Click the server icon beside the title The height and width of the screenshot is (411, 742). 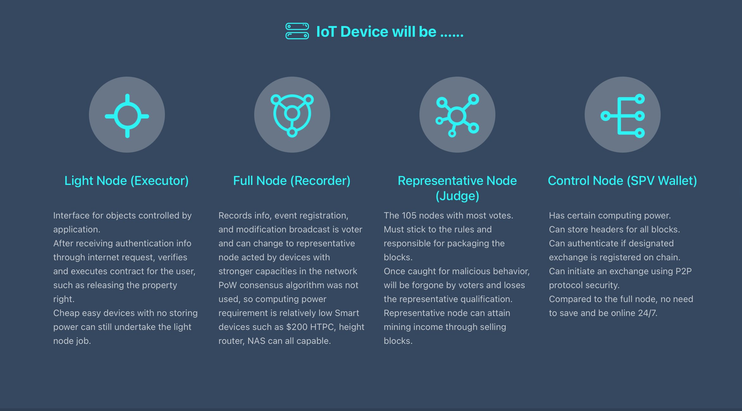[x=297, y=31]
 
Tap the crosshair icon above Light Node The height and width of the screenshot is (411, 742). [x=127, y=116]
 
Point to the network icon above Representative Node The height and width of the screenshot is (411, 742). [x=457, y=116]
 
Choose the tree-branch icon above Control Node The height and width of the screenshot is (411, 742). [x=623, y=116]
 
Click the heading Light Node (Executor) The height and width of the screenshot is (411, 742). [x=127, y=181]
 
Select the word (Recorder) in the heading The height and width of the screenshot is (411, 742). [x=320, y=181]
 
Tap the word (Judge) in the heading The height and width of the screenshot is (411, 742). [x=457, y=196]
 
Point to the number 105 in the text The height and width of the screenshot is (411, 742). [x=410, y=216]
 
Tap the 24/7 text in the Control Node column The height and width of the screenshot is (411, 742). [x=648, y=313]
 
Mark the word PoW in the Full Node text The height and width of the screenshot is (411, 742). [x=228, y=285]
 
